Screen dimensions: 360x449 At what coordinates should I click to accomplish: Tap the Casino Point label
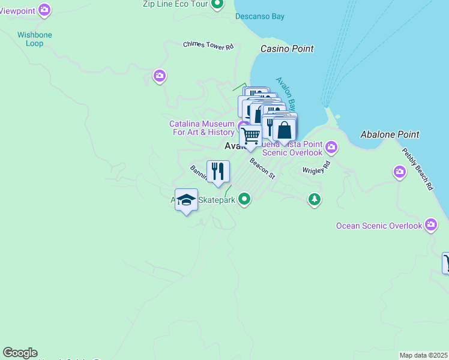(x=287, y=49)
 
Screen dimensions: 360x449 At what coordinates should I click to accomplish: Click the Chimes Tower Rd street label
(x=208, y=45)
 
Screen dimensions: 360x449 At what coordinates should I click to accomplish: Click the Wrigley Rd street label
(x=317, y=166)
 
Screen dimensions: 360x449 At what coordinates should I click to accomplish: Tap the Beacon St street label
(x=262, y=168)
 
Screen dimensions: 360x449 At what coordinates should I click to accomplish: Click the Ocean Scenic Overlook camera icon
(x=430, y=226)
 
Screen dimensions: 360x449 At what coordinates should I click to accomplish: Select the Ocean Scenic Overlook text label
(x=379, y=226)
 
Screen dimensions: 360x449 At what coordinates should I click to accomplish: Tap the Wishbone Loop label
(x=35, y=39)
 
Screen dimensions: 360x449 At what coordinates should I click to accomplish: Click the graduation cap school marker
(x=187, y=200)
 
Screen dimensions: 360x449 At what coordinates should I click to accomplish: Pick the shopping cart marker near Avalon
(x=250, y=136)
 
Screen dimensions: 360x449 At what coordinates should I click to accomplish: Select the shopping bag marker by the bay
(x=284, y=129)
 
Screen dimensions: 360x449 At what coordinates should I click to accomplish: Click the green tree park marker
(x=314, y=199)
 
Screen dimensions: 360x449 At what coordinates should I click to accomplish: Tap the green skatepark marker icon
(x=244, y=199)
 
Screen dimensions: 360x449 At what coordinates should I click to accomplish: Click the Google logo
(x=20, y=353)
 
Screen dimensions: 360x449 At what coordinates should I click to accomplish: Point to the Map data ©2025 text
(x=423, y=355)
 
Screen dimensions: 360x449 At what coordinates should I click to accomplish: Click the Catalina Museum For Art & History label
(x=202, y=128)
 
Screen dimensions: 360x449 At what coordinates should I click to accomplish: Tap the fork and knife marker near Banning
(x=218, y=172)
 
